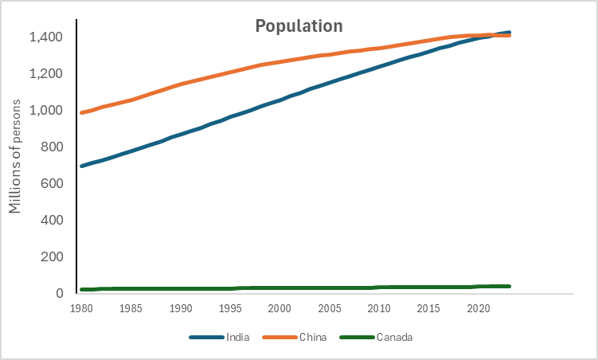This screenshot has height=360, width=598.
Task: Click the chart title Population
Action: [299, 25]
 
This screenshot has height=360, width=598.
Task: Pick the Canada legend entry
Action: [394, 337]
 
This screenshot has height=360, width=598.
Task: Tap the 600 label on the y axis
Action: [52, 184]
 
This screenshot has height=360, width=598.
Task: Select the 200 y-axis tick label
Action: [52, 257]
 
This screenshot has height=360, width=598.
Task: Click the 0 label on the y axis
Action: [60, 294]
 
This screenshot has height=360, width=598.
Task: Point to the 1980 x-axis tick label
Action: [81, 308]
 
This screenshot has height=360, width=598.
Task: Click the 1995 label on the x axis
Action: [230, 308]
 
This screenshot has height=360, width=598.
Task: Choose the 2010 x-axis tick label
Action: [379, 308]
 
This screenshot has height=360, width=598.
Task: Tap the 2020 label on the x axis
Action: [478, 308]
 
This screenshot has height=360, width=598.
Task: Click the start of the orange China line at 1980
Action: [82, 112]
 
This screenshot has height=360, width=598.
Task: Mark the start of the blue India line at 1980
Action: [82, 166]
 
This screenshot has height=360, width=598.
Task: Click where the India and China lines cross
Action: [487, 35]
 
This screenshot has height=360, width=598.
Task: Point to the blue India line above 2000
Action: [279, 100]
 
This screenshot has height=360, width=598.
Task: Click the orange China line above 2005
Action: [329, 54]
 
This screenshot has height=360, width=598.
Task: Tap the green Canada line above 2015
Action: [428, 287]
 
